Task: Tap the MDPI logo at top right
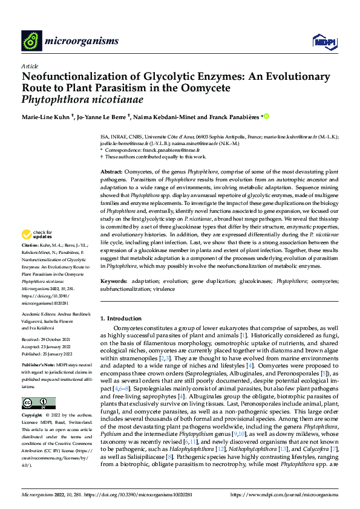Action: point(321,41)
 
